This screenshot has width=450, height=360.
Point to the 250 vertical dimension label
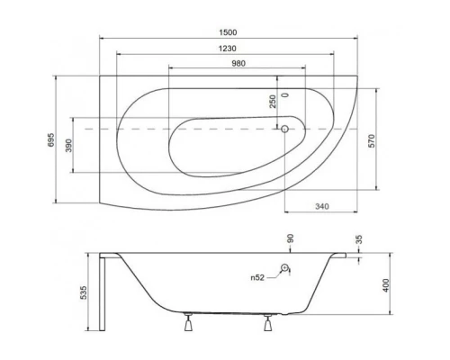pos(273,101)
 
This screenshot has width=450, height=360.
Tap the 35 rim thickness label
pos(360,241)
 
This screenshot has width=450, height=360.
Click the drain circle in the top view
pos(285,128)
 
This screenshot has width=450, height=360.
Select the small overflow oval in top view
pos(286,94)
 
